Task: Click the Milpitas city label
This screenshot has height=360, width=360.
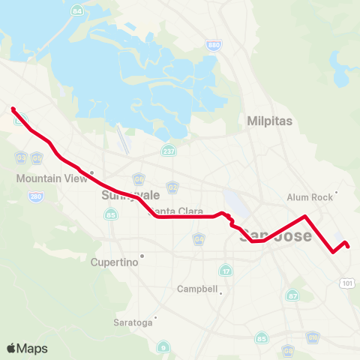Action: pyautogui.click(x=270, y=121)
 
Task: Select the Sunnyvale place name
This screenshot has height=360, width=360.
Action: pyautogui.click(x=121, y=194)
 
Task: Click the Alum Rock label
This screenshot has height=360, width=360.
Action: pyautogui.click(x=308, y=197)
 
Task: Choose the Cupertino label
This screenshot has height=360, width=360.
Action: pyautogui.click(x=114, y=262)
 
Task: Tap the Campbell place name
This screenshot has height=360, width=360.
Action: pyautogui.click(x=197, y=289)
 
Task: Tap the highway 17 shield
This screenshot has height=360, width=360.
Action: pyautogui.click(x=226, y=270)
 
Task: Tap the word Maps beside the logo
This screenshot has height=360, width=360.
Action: pyautogui.click(x=33, y=348)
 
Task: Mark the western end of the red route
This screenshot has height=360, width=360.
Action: pyautogui.click(x=13, y=109)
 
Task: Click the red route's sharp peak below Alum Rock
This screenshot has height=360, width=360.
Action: pyautogui.click(x=304, y=217)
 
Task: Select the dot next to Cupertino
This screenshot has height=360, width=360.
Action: pyautogui.click(x=141, y=256)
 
